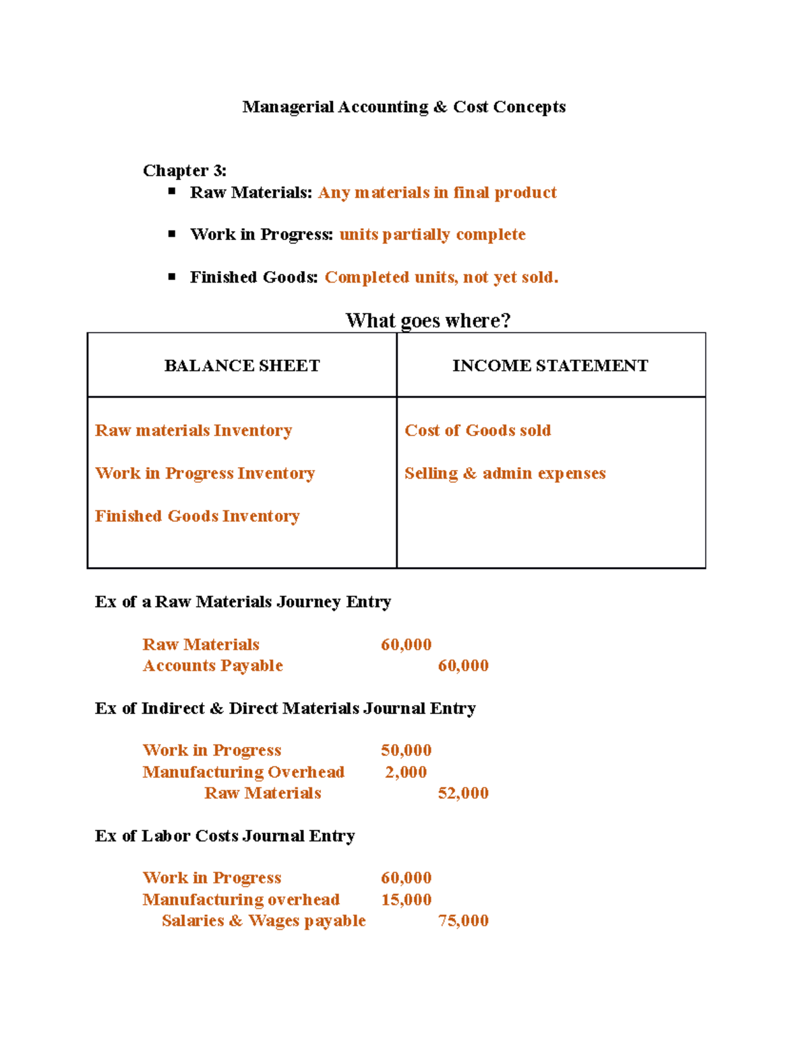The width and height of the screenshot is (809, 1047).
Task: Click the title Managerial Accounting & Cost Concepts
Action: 404,107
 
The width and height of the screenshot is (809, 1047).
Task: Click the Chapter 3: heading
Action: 184,171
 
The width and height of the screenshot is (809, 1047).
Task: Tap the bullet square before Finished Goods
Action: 172,276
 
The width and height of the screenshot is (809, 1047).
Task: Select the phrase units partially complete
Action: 432,235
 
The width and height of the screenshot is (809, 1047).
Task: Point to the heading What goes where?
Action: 427,320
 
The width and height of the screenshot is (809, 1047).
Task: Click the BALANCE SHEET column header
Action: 242,365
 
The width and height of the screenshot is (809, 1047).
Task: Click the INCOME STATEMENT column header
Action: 550,365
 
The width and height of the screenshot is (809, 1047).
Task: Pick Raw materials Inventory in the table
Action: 193,431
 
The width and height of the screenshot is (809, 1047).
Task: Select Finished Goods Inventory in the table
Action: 197,516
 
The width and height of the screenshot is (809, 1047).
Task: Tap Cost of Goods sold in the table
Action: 477,431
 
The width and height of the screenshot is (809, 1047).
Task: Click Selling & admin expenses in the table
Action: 505,473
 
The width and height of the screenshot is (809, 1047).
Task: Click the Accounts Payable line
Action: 212,666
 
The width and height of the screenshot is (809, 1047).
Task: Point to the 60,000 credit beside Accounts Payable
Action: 463,666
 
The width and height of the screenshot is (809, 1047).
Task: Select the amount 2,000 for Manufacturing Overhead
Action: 406,772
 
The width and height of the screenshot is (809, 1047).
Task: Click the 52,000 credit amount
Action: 463,794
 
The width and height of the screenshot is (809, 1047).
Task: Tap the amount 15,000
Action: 406,899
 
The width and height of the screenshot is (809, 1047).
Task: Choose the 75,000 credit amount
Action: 463,921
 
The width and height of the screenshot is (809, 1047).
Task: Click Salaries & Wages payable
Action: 264,921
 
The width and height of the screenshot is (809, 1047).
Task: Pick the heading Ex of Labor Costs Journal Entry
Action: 224,836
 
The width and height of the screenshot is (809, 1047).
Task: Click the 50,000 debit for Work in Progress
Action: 406,750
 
